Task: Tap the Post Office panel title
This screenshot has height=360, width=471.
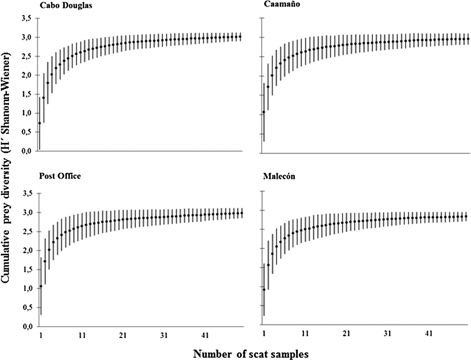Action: click(60, 176)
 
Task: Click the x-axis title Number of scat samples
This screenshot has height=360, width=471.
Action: click(251, 354)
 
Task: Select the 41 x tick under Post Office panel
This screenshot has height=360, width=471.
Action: click(205, 335)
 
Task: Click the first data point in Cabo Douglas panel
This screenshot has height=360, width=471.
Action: click(39, 123)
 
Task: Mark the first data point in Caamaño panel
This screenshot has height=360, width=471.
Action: click(264, 112)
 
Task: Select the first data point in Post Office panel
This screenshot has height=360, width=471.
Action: click(41, 286)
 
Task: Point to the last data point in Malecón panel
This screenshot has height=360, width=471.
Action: click(466, 217)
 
